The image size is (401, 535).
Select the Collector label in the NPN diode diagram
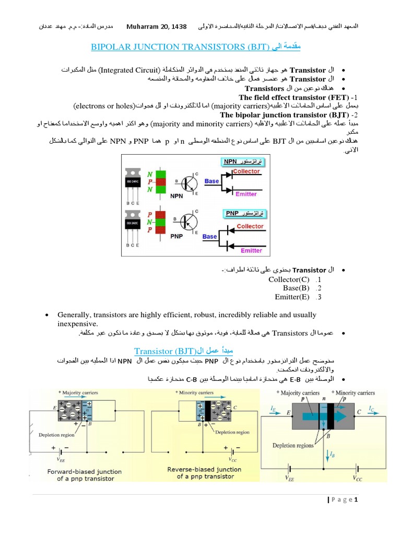click(x=246, y=171)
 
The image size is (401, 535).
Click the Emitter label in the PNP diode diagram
click(x=251, y=250)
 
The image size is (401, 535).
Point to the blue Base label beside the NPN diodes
click(x=211, y=181)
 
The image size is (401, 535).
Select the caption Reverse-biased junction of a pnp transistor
click(x=205, y=473)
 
